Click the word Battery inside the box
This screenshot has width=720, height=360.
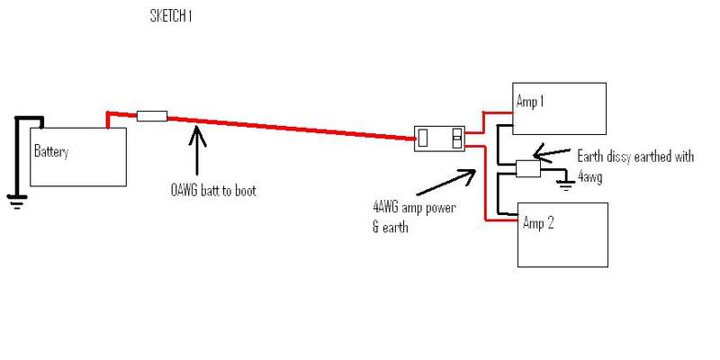[x=51, y=152]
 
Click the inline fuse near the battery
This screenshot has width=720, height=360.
[x=152, y=115]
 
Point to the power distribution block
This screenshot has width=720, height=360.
[x=439, y=139]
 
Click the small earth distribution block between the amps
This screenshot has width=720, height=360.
[x=526, y=167]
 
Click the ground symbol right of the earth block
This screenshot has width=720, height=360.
[x=565, y=185]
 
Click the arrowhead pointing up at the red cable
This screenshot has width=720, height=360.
[x=196, y=135]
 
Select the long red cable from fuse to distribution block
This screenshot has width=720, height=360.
[x=288, y=127]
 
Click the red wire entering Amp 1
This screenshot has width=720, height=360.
[x=495, y=112]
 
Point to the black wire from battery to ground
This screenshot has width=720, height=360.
[x=14, y=153]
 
